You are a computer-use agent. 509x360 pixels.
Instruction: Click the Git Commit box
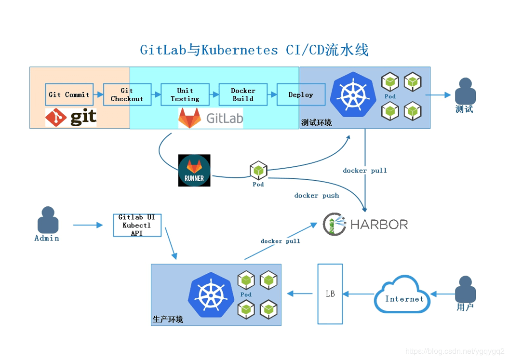69,94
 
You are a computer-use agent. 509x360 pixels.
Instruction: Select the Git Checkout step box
127,94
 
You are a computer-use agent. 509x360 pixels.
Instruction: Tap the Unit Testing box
185,94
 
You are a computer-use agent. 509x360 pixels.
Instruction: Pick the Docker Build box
243,94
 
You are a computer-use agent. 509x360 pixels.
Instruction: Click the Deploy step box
301,94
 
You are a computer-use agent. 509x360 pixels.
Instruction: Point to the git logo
71,117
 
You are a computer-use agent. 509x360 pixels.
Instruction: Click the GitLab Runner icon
194,170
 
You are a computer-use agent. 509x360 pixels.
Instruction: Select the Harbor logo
365,224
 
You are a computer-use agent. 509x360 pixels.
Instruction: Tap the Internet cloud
403,295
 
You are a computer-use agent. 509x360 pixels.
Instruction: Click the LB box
330,293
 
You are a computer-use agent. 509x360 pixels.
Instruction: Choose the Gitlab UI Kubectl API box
137,225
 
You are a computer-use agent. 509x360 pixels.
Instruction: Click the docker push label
317,196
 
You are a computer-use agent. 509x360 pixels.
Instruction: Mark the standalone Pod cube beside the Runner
258,171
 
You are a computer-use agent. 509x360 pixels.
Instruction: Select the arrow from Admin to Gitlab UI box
88,225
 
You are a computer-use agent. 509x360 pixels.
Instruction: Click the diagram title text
254,50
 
